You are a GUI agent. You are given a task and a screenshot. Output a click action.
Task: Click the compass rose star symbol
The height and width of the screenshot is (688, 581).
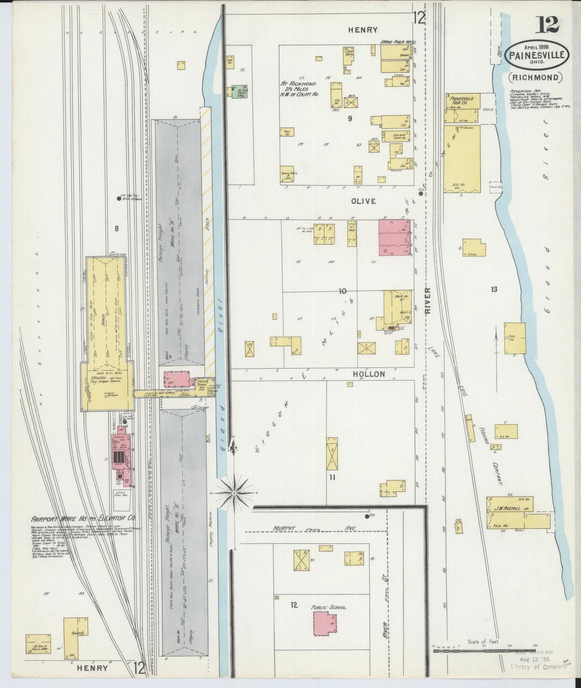point(234,492)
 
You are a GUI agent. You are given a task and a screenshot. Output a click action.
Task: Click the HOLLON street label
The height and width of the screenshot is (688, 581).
point(369,374)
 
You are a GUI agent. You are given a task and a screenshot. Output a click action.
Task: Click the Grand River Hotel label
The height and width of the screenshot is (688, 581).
point(398,42)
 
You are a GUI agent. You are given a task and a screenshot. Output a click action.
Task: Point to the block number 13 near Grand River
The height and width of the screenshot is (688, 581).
point(493,289)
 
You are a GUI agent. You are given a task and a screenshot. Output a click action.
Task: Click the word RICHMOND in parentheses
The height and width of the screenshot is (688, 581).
point(535,77)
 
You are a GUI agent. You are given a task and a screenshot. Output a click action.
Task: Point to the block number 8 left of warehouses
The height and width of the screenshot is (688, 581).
point(117,229)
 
